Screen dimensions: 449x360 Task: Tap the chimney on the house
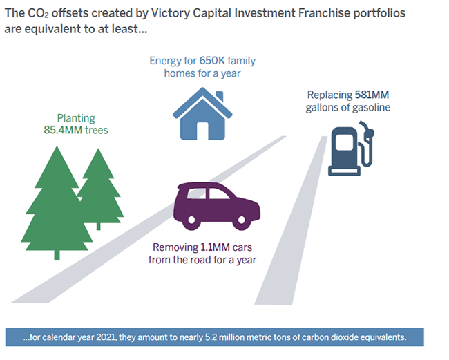220,96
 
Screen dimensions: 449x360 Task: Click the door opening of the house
202,131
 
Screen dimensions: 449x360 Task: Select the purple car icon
217,206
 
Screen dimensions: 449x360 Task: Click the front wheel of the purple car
241,220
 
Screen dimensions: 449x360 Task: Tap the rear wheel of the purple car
191,220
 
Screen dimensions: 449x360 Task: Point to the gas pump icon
351,148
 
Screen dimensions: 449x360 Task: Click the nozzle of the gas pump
367,130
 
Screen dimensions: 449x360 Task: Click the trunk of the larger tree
57,255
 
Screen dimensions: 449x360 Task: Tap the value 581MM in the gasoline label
372,95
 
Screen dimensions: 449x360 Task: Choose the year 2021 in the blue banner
106,337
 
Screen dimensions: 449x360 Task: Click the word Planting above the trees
76,118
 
